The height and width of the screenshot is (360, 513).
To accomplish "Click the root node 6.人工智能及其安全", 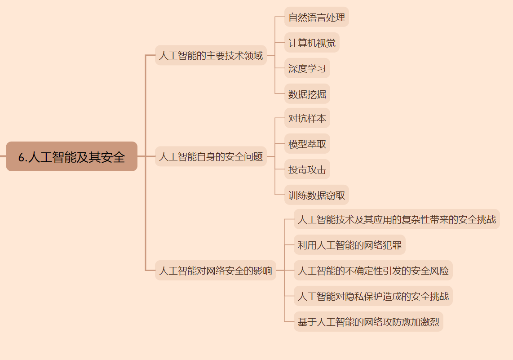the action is [71, 157].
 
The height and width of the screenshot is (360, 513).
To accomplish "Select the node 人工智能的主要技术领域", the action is [211, 56].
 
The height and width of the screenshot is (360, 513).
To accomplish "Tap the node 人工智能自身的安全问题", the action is [211, 157].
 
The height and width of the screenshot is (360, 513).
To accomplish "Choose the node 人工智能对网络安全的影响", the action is [216, 271].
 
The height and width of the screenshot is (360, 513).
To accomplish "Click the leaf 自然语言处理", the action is [317, 18].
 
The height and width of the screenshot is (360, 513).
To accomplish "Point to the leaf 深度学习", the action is [307, 69].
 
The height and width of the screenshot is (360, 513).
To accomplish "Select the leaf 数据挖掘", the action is [307, 94].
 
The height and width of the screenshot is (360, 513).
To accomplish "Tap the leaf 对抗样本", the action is [307, 119].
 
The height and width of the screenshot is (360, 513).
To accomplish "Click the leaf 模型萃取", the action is [307, 144].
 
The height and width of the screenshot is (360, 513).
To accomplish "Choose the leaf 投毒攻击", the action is [307, 170].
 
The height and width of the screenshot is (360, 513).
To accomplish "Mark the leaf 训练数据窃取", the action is [317, 196].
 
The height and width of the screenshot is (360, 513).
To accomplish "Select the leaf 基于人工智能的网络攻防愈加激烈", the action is [368, 322].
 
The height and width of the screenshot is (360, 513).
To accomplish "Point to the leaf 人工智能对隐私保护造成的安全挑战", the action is [373, 296].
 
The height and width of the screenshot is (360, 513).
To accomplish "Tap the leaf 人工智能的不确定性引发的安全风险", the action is [373, 271].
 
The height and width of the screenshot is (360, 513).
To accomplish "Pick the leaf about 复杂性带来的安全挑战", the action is [397, 220].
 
